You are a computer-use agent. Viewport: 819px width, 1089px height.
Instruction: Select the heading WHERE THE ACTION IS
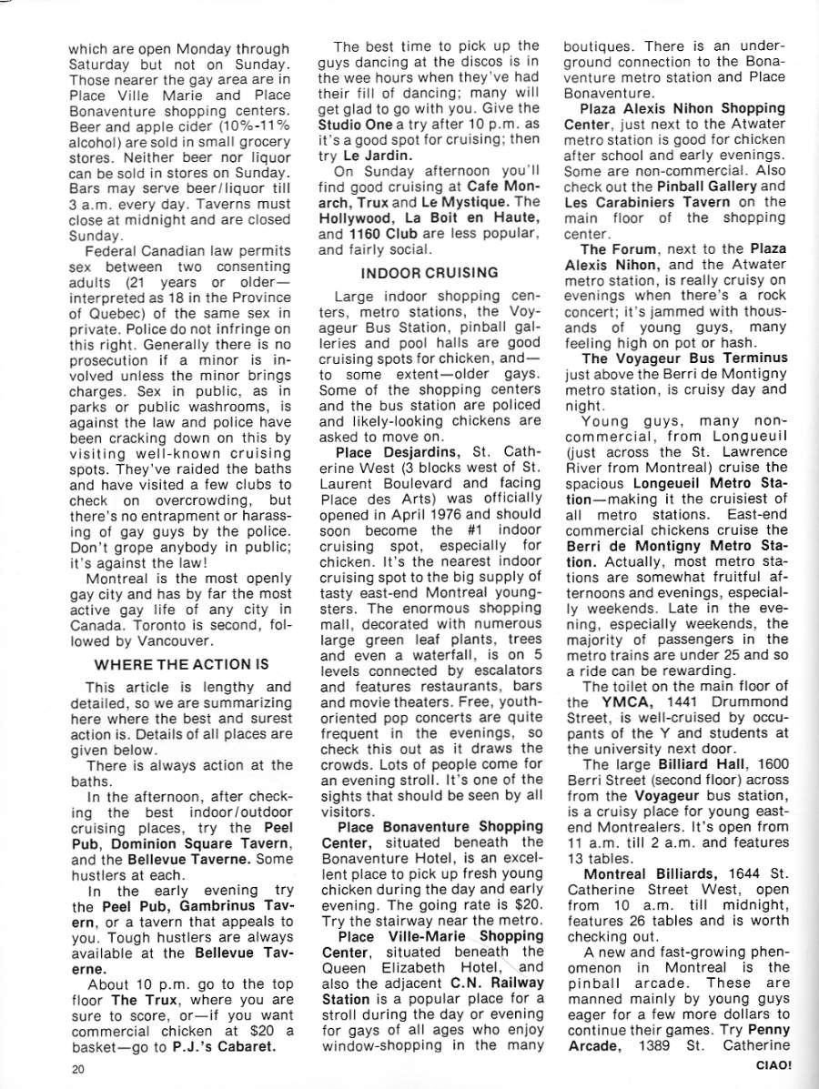pyautogui.click(x=181, y=664)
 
